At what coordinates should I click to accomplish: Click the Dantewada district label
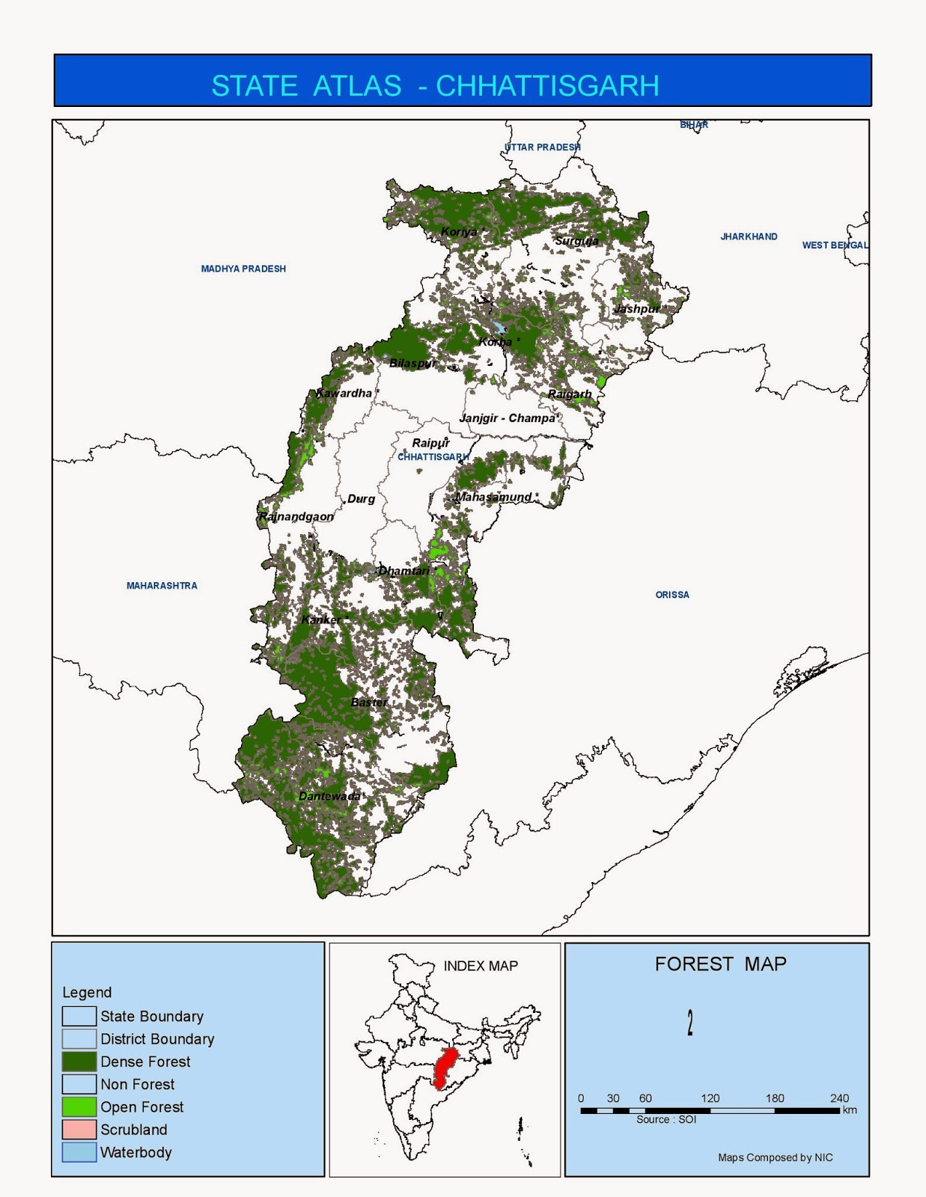pyautogui.click(x=329, y=796)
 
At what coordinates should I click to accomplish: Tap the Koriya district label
pyautogui.click(x=459, y=232)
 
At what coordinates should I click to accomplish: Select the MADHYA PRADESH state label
pyautogui.click(x=243, y=269)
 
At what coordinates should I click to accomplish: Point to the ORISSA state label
pyautogui.click(x=672, y=595)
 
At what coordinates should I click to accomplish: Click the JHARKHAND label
pyautogui.click(x=749, y=236)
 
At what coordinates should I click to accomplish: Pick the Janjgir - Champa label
pyautogui.click(x=508, y=418)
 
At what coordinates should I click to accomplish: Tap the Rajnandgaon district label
pyautogui.click(x=296, y=517)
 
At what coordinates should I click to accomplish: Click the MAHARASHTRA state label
pyautogui.click(x=162, y=586)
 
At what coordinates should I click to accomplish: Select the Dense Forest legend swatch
pyautogui.click(x=79, y=1062)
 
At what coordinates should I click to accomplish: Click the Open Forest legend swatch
pyautogui.click(x=79, y=1106)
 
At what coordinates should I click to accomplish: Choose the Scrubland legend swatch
pyautogui.click(x=79, y=1130)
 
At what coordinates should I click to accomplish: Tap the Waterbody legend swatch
pyautogui.click(x=79, y=1152)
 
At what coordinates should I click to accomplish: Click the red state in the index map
pyautogui.click(x=447, y=1066)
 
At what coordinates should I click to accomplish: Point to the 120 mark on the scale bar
pyautogui.click(x=710, y=1098)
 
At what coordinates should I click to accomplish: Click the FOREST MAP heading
pyautogui.click(x=720, y=964)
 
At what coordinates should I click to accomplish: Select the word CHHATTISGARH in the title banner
pyautogui.click(x=547, y=86)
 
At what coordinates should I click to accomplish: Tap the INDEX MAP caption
pyautogui.click(x=481, y=966)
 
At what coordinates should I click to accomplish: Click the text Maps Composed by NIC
pyautogui.click(x=775, y=1157)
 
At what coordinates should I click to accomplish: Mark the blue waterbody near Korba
pyautogui.click(x=498, y=328)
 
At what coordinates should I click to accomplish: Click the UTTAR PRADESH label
pyautogui.click(x=543, y=147)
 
